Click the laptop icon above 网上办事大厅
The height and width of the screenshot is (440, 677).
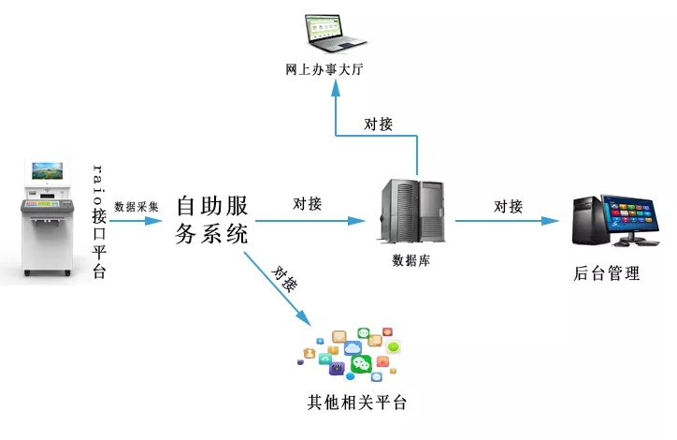point(336,34)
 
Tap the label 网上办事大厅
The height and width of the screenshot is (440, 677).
point(324,69)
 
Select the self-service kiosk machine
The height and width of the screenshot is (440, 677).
point(47,217)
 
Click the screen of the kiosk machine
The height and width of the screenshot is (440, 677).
point(48,171)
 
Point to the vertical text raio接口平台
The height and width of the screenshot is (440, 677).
point(99,221)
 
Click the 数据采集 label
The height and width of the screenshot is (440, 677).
point(137,207)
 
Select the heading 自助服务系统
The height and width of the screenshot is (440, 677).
point(212,220)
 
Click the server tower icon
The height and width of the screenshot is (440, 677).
point(412,211)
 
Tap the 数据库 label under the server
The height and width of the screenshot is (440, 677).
point(411,260)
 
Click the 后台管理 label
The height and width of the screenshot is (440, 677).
point(607,273)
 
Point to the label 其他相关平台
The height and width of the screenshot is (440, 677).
point(356,403)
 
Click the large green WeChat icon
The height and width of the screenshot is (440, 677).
point(361,364)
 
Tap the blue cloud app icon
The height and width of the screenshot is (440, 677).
point(353,347)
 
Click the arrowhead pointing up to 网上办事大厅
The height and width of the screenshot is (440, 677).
point(336,88)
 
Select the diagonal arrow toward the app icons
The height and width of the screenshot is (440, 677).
point(278,288)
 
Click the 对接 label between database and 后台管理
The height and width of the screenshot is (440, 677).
point(508,207)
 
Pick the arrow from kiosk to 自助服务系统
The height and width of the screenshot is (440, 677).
point(136,221)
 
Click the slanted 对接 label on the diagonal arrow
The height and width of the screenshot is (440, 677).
point(284,279)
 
